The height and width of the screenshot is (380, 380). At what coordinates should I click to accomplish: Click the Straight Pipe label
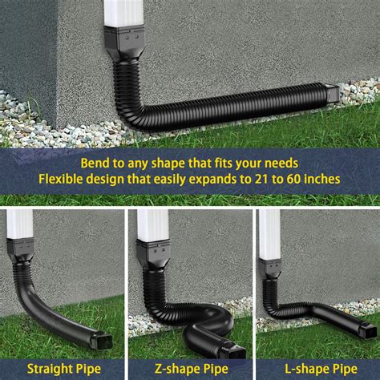tap(63, 369)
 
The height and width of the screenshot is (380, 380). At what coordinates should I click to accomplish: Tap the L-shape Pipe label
tap(317, 369)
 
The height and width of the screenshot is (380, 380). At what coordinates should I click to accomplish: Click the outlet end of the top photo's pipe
tap(330, 95)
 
